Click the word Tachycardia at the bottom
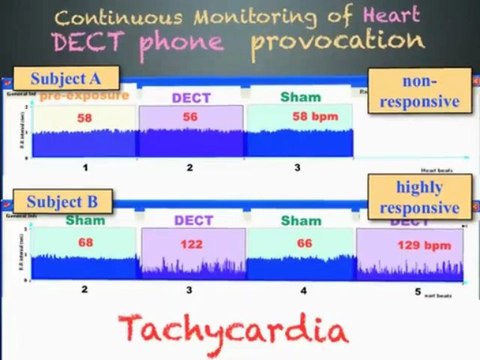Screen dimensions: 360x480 point(233,329)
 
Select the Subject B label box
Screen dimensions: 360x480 point(62,202)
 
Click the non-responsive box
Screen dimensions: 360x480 point(418,91)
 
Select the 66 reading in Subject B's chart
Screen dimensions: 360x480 point(299,241)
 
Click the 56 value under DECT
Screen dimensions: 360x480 point(190,117)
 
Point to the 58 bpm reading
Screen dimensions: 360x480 point(310,116)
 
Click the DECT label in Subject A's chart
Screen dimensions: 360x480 point(190,98)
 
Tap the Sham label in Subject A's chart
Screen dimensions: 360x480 point(300,97)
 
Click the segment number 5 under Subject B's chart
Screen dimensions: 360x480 point(418,291)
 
